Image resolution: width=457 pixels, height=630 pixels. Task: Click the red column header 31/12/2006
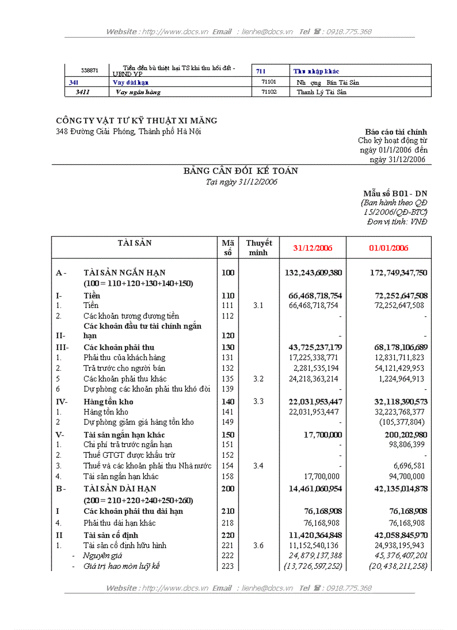pyautogui.click(x=313, y=248)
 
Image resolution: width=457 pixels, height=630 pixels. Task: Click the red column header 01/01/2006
pyautogui.click(x=388, y=248)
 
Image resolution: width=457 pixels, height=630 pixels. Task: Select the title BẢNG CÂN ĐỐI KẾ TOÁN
pyautogui.click(x=241, y=171)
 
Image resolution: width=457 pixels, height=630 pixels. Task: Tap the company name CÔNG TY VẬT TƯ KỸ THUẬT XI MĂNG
pyautogui.click(x=137, y=121)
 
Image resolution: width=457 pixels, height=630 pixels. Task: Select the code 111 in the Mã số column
pyautogui.click(x=227, y=306)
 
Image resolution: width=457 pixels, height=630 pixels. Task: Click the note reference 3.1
pyautogui.click(x=258, y=306)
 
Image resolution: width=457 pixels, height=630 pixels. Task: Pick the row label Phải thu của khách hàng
pyautogui.click(x=124, y=358)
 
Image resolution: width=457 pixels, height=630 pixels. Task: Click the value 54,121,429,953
pyautogui.click(x=397, y=369)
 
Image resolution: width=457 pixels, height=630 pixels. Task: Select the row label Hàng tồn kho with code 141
pyautogui.click(x=106, y=412)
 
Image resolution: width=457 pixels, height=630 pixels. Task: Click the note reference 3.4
pyautogui.click(x=258, y=466)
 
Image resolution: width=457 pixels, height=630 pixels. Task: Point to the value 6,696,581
pyautogui.click(x=409, y=466)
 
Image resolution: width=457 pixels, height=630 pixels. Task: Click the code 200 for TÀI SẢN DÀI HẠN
pyautogui.click(x=227, y=489)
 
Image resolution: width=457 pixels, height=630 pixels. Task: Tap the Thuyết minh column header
pyautogui.click(x=258, y=247)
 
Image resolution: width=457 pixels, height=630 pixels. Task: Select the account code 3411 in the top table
pyautogui.click(x=83, y=92)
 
